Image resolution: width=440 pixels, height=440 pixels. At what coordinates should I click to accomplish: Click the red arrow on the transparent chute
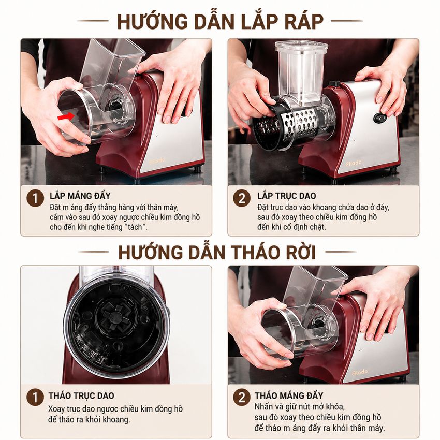[x=66, y=116]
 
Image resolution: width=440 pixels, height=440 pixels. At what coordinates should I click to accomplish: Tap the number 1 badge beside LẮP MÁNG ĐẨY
[x=35, y=198]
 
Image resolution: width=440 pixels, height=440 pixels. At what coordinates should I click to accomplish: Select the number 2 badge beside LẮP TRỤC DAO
[x=242, y=198]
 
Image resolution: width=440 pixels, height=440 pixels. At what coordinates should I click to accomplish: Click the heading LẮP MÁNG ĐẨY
[x=80, y=195]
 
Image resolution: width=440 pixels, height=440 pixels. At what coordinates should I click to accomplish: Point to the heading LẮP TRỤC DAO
[x=287, y=195]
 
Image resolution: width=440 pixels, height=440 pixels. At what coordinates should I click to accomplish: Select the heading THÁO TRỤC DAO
[x=81, y=395]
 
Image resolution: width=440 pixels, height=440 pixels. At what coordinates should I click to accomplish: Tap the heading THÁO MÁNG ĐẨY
[x=289, y=395]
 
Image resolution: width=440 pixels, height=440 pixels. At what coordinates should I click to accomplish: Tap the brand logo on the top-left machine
[x=157, y=162]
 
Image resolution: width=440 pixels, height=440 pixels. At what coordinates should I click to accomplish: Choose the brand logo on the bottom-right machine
[x=359, y=372]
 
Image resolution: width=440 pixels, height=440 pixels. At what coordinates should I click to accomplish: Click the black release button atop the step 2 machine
[x=334, y=84]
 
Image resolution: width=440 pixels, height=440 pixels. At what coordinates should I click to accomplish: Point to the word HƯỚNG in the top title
[x=152, y=21]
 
